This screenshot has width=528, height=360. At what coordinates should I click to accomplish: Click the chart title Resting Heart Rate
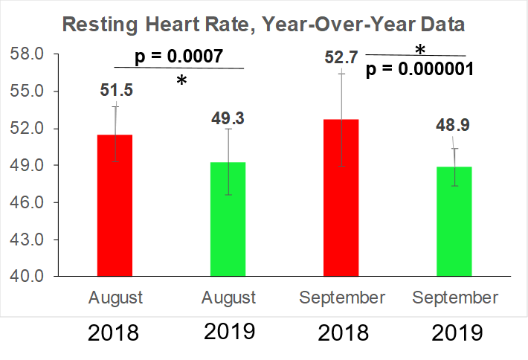tap(263, 24)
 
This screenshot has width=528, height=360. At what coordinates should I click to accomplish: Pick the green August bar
tap(228, 219)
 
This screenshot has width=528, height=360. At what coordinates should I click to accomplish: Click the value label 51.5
tap(116, 90)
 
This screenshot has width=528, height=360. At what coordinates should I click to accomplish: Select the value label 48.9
tap(455, 124)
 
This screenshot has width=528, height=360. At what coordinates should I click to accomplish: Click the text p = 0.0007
tap(178, 57)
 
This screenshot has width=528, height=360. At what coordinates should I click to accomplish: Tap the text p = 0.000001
tap(420, 69)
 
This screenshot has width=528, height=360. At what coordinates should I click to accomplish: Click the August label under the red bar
tap(115, 298)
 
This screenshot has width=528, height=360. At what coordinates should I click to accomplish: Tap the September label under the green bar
tap(455, 298)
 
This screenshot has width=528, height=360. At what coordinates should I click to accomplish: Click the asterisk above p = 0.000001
tap(420, 50)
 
